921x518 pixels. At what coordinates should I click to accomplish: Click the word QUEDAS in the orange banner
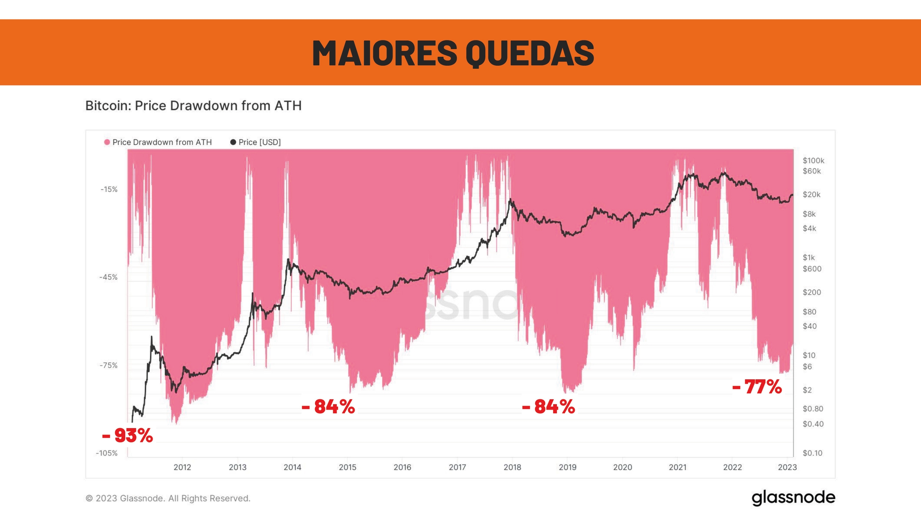(x=530, y=53)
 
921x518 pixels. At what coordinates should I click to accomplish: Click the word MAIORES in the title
(x=384, y=53)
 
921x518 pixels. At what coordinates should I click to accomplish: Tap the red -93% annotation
(x=128, y=435)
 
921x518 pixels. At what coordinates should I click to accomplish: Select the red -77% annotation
(x=757, y=387)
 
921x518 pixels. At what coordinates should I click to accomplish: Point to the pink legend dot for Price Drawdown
(x=107, y=142)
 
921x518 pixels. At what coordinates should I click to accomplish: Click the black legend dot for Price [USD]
(x=233, y=142)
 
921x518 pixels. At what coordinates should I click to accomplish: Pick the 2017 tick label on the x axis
(x=457, y=467)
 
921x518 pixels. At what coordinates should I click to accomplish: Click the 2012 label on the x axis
(x=182, y=467)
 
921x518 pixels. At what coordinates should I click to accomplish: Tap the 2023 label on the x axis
(x=787, y=467)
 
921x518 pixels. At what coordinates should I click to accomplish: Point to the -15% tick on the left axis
(x=109, y=189)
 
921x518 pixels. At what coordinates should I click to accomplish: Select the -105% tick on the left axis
(x=107, y=453)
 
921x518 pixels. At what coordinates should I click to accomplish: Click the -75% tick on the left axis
(x=109, y=365)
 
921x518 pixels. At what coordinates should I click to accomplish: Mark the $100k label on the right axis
(x=813, y=161)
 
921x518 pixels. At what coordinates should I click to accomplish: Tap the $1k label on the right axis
(x=809, y=257)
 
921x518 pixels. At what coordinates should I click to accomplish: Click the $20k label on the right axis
(x=811, y=195)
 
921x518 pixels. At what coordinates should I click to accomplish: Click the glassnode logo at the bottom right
(x=793, y=498)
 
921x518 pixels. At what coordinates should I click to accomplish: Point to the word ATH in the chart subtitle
(x=288, y=106)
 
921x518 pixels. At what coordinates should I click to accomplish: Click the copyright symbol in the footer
(x=90, y=498)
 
